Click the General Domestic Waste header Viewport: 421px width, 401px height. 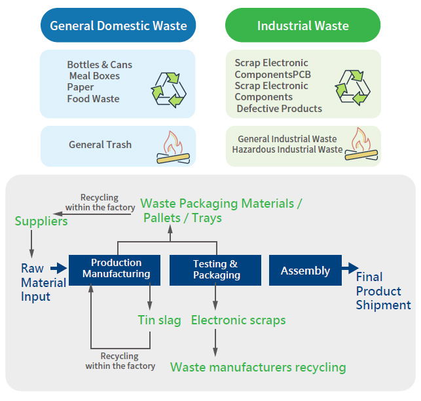pyautogui.click(x=118, y=26)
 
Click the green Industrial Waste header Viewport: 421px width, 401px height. pyautogui.click(x=302, y=26)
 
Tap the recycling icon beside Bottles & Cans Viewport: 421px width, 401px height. pyautogui.click(x=169, y=89)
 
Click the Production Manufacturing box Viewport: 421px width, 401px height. pyautogui.click(x=117, y=269)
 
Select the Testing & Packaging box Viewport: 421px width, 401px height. pyautogui.click(x=215, y=269)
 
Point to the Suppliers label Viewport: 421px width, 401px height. pyautogui.click(x=41, y=221)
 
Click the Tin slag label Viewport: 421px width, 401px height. pyautogui.click(x=159, y=320)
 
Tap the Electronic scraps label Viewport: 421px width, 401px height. pyautogui.click(x=238, y=320)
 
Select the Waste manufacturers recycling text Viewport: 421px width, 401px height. pyautogui.click(x=258, y=367)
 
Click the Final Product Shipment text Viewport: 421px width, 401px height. pyautogui.click(x=383, y=291)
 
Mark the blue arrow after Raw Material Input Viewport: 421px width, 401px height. pyautogui.click(x=59, y=267)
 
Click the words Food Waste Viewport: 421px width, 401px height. pyautogui.click(x=93, y=99)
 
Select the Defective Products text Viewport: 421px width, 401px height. pyautogui.click(x=279, y=108)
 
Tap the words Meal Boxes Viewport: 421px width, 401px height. pyautogui.click(x=94, y=76)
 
